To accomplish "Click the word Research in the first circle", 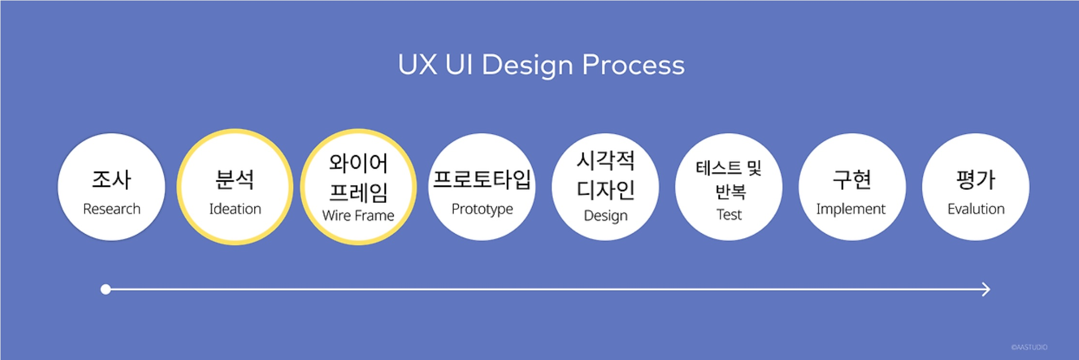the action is click(111, 209).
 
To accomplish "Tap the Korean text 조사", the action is click(111, 179).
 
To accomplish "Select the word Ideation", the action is click(235, 209).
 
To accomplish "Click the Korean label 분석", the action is click(235, 179).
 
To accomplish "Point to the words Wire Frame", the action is click(358, 215).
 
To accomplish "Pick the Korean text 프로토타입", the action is click(482, 179).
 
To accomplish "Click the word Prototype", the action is click(482, 209).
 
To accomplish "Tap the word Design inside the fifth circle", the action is click(605, 215).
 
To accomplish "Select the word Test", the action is click(729, 214).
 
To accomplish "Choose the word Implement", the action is click(851, 209).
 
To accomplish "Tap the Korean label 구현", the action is click(852, 179).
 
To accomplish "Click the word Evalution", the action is click(976, 209).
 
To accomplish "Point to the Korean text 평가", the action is click(976, 179).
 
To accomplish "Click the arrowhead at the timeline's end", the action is click(986, 289).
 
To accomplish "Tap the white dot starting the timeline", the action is click(106, 289).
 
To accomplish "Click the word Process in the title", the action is click(633, 65).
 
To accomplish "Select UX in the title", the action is click(417, 65).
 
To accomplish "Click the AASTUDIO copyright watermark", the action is click(1029, 347).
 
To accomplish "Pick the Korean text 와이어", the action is click(358, 163).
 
